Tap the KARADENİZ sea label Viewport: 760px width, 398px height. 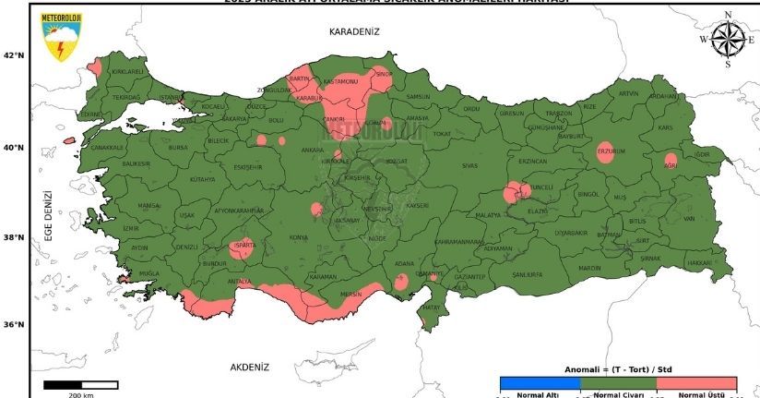[x=354, y=31]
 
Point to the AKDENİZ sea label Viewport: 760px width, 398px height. [x=250, y=367]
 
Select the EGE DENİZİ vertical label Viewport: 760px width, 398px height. [x=48, y=215]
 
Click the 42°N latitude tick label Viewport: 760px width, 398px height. [x=14, y=55]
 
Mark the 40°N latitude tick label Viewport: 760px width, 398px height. [x=14, y=148]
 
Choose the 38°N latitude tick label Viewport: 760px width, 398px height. [x=14, y=237]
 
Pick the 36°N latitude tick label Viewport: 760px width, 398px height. [x=14, y=325]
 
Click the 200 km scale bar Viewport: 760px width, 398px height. [x=81, y=384]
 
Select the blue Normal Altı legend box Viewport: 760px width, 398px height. [x=540, y=383]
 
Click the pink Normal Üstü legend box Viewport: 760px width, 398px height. [x=696, y=383]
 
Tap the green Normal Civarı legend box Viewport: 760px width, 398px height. [x=618, y=383]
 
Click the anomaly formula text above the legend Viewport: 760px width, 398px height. [x=617, y=369]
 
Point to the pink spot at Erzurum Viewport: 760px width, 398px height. [x=605, y=153]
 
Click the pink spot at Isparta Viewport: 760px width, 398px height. [x=242, y=248]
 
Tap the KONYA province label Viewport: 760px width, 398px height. [x=299, y=238]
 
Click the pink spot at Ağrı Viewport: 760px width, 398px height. [x=671, y=161]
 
